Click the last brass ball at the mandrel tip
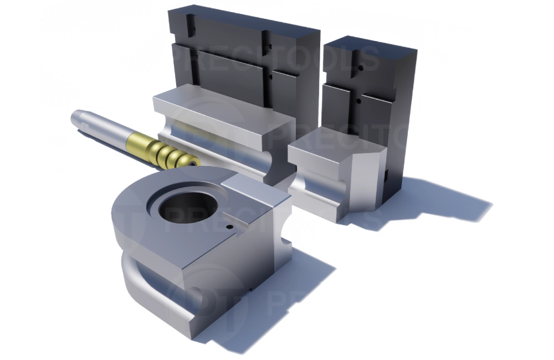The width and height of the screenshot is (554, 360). click(191, 163)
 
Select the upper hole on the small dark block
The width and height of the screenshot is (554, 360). click(360, 68)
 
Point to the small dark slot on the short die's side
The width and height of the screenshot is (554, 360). click(383, 178)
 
